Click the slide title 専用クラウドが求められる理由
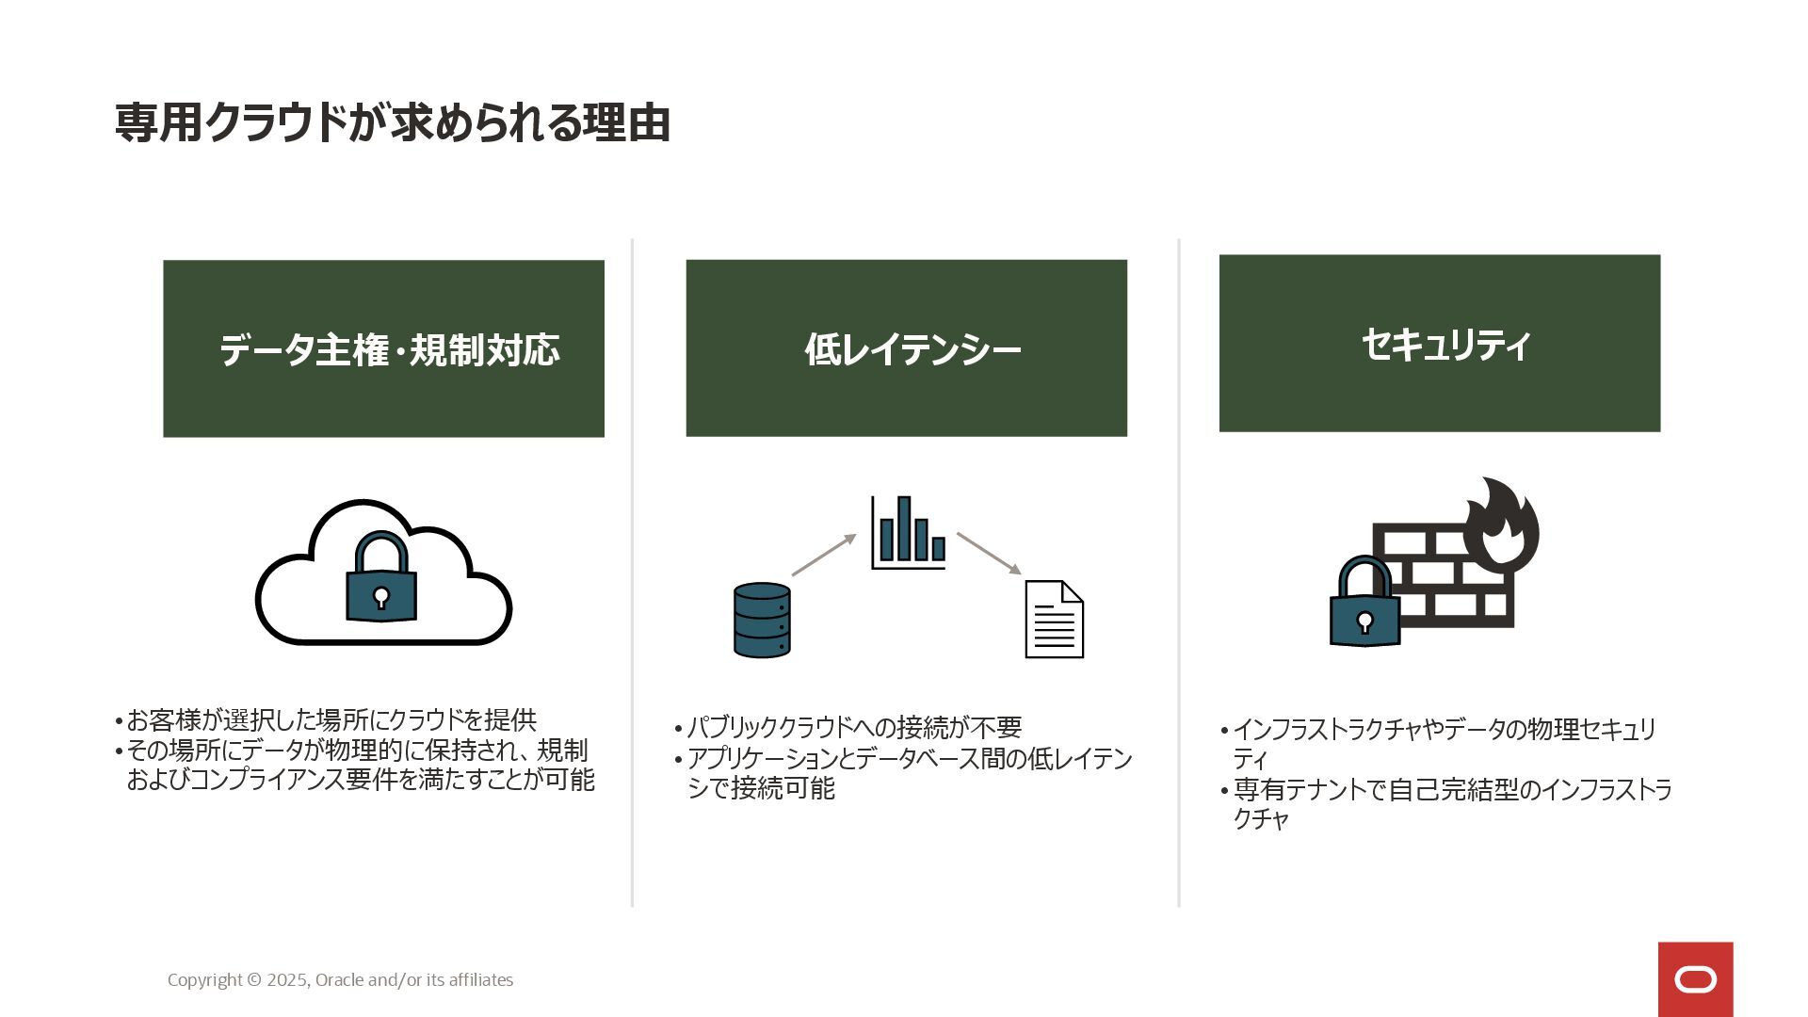392,123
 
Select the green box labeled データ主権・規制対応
383,348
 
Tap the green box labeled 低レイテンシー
906,348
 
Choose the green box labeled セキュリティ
1439,344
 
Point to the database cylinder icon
762,620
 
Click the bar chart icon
908,533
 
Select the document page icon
1054,620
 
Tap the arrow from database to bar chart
824,555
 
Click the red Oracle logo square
1695,979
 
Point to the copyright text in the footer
340,979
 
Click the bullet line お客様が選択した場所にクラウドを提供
331,720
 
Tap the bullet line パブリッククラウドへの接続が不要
854,728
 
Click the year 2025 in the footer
286,979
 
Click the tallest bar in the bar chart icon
904,528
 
